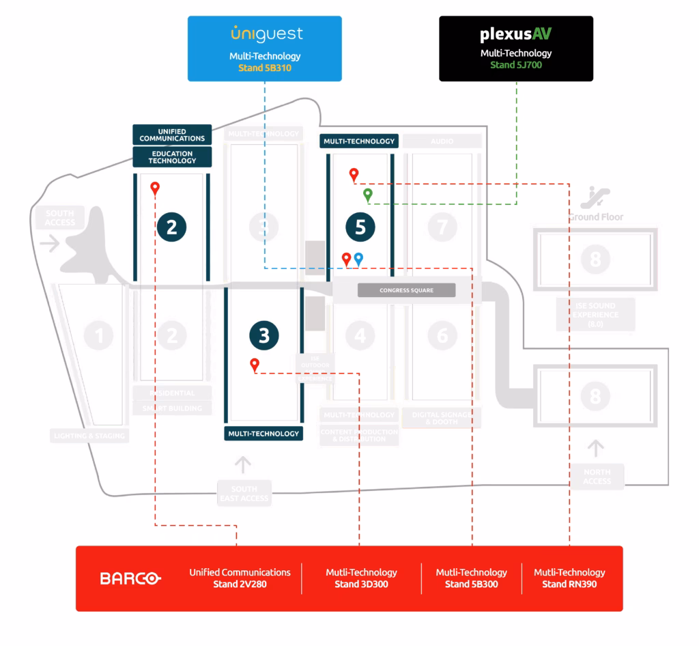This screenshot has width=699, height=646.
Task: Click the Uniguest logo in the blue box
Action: tap(266, 34)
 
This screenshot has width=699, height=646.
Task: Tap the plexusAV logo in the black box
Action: tap(515, 34)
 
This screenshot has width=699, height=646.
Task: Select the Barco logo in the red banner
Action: tap(130, 578)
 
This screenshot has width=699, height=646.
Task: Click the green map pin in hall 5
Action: tap(368, 195)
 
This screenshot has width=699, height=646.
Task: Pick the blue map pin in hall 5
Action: tap(358, 259)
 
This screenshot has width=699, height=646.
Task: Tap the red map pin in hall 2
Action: tap(155, 188)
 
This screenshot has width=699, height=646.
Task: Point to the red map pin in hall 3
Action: tap(255, 365)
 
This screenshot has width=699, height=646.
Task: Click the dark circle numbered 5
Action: tap(360, 227)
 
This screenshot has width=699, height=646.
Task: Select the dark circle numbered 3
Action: tap(263, 335)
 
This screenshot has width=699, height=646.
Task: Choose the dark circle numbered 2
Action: tap(171, 226)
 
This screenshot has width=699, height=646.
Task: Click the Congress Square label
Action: tap(406, 290)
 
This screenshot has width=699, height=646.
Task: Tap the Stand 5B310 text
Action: tap(265, 68)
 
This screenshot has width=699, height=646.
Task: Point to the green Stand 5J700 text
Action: tap(515, 65)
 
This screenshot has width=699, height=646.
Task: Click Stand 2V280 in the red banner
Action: tap(240, 585)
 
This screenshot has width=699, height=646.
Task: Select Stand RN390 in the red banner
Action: tap(569, 585)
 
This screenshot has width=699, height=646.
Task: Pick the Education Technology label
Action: tap(172, 157)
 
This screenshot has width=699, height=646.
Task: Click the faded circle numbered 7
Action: tap(442, 227)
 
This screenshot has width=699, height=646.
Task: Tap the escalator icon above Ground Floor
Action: tap(595, 197)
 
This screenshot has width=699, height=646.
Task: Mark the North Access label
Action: tap(597, 477)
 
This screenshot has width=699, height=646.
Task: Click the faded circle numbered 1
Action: tap(99, 335)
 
